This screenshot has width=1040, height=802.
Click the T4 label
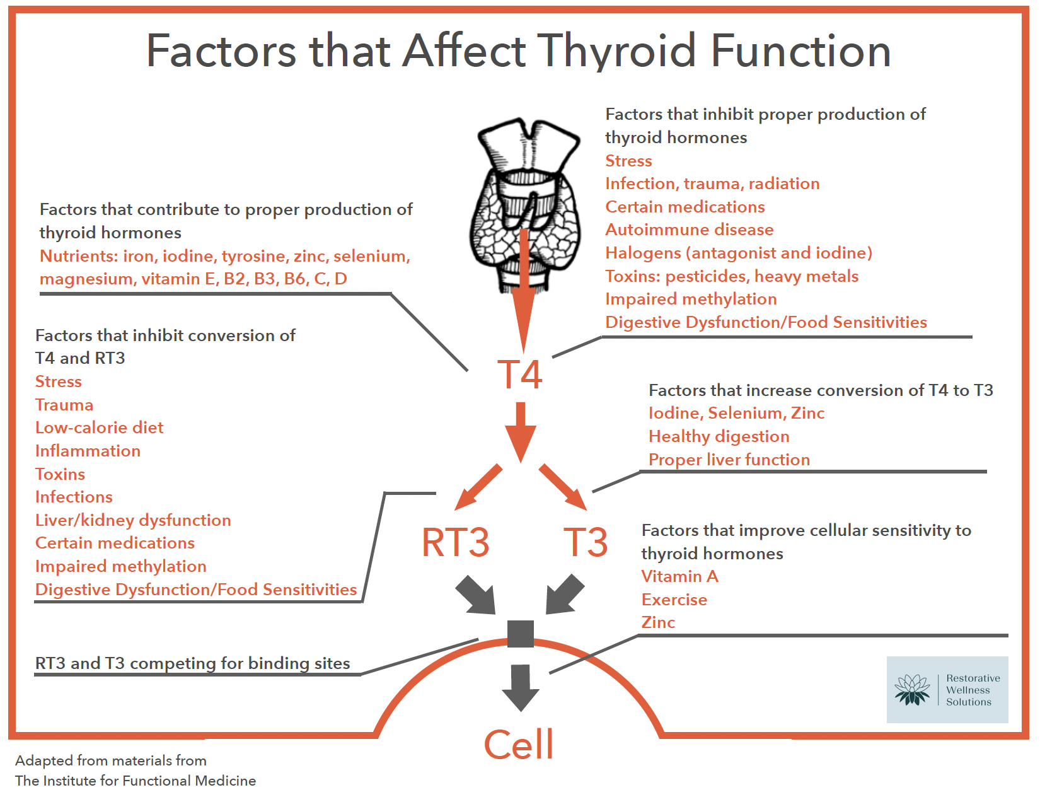[519, 375]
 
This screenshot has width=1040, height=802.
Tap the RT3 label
[455, 543]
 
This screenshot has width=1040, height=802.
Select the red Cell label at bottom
[518, 745]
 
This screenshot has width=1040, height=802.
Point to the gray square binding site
[521, 634]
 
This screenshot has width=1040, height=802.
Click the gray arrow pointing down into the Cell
[521, 687]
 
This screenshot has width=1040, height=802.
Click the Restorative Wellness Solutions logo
[947, 690]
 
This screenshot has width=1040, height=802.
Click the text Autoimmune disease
[689, 230]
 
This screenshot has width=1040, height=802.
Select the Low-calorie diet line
[99, 428]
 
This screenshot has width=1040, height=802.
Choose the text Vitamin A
[679, 577]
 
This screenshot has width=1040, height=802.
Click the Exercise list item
[674, 600]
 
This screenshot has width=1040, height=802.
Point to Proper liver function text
[729, 460]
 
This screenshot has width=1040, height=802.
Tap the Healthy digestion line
[719, 437]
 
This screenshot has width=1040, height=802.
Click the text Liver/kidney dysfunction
[133, 521]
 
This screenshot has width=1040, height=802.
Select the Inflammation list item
[88, 451]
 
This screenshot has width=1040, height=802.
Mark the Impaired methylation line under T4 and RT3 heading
[120, 567]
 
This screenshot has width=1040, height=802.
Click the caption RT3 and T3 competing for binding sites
[192, 664]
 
